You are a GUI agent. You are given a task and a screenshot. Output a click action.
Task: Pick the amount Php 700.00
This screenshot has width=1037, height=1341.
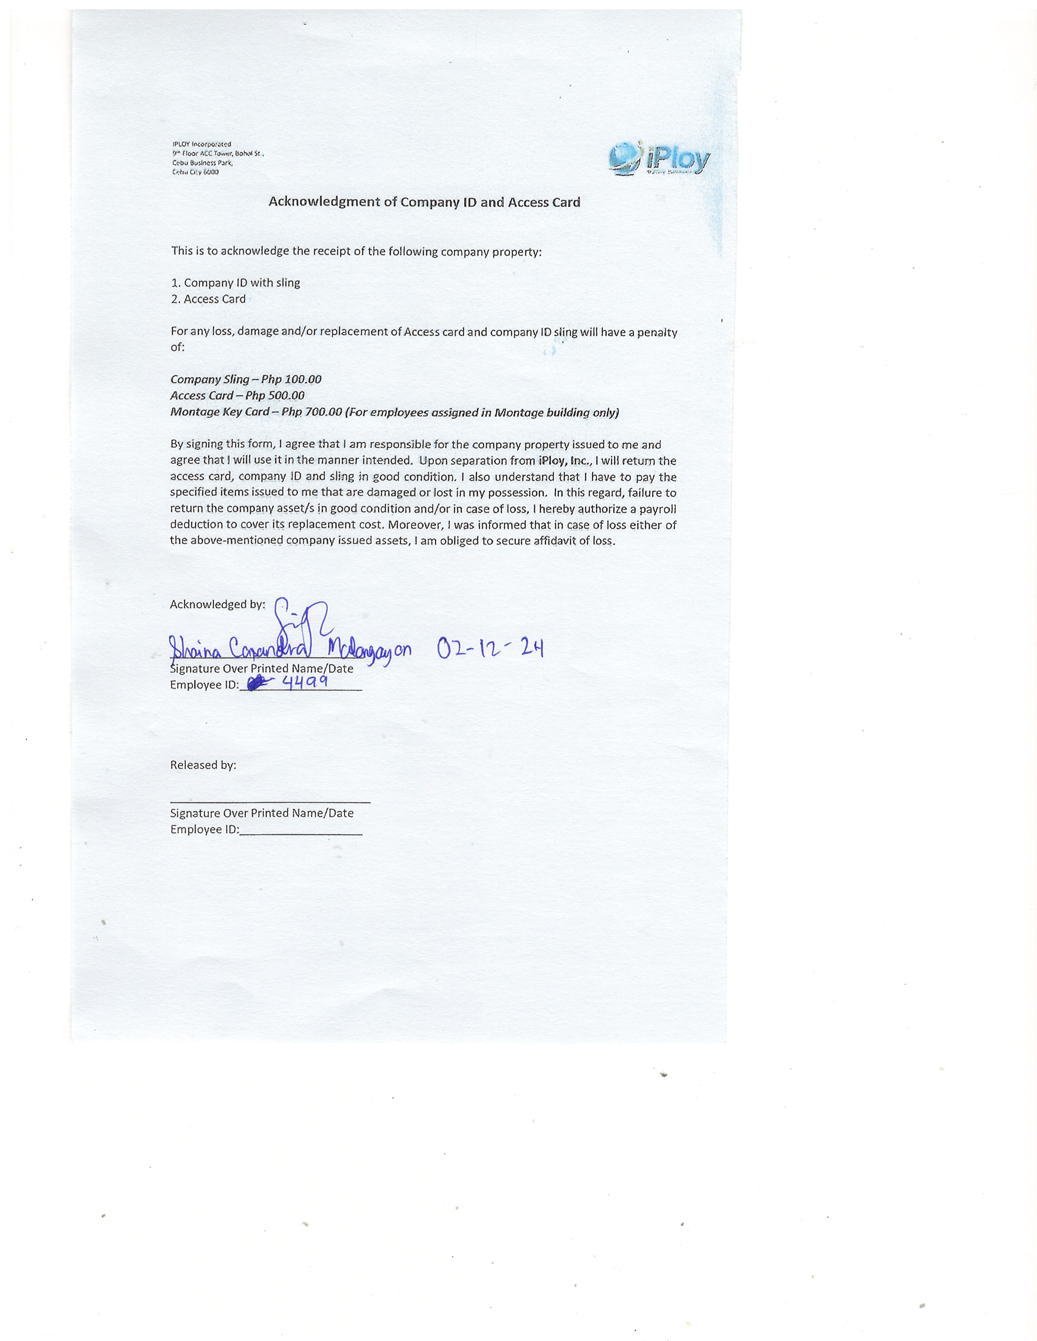312,412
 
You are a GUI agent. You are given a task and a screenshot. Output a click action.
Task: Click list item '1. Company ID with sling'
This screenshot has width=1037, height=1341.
235,283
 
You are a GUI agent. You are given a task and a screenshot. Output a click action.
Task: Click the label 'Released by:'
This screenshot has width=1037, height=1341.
203,765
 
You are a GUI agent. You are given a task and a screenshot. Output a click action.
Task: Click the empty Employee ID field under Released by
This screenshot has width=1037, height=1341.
301,832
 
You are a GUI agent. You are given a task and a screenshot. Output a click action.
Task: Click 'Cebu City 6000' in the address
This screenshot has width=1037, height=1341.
195,172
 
